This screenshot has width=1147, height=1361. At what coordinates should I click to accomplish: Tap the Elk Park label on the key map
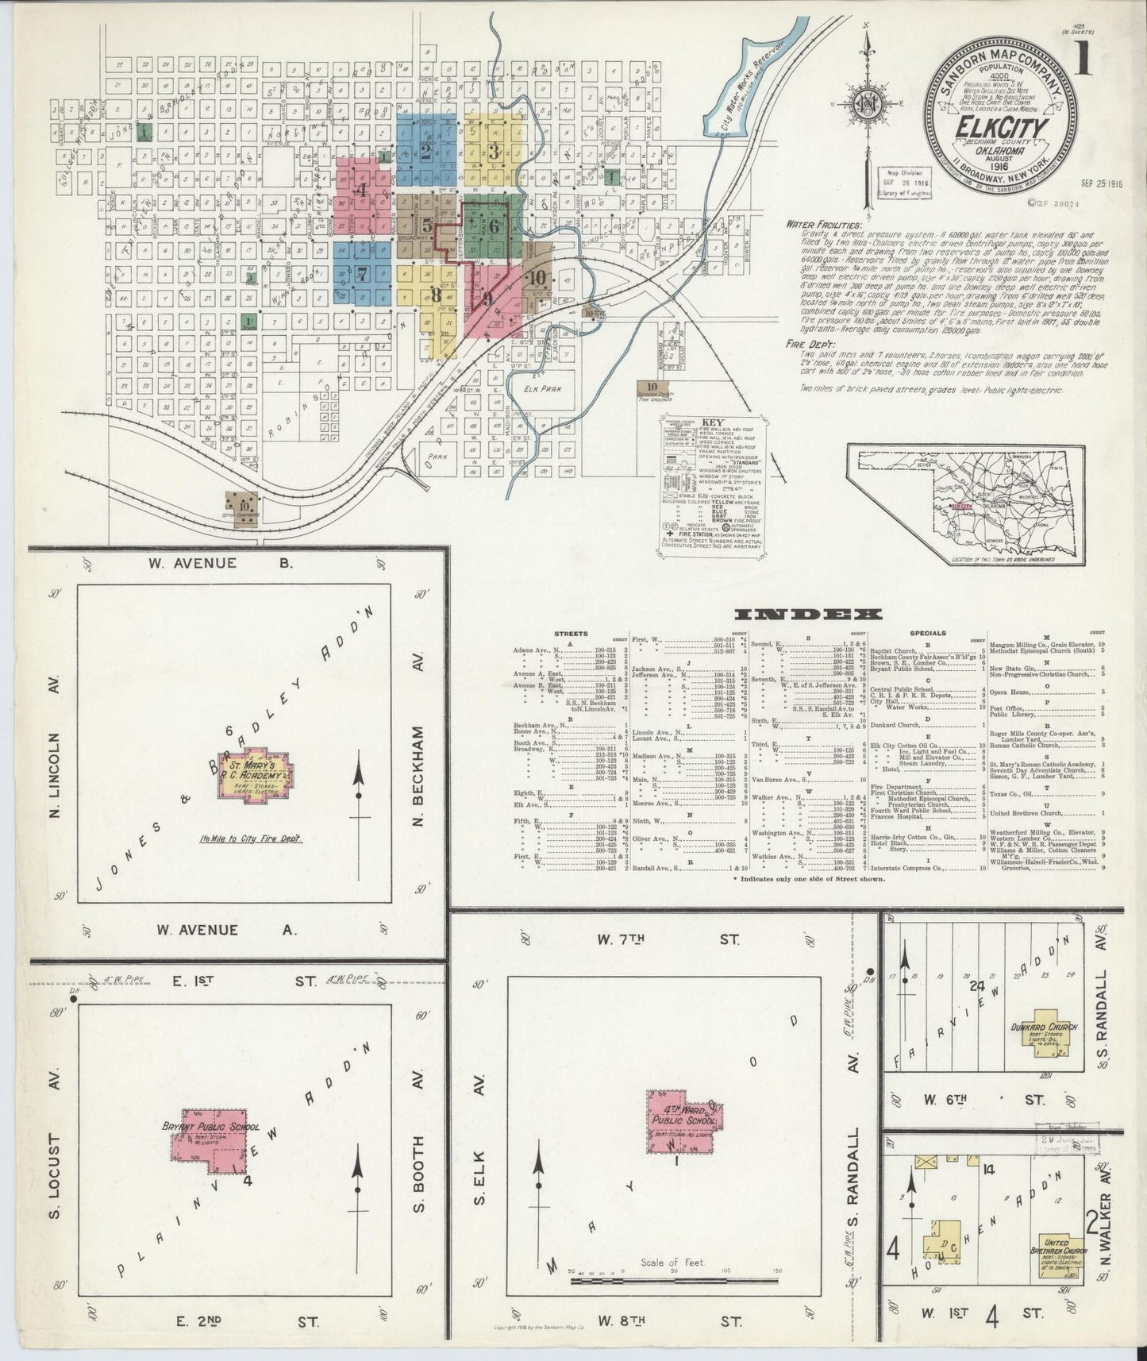coord(543,389)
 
